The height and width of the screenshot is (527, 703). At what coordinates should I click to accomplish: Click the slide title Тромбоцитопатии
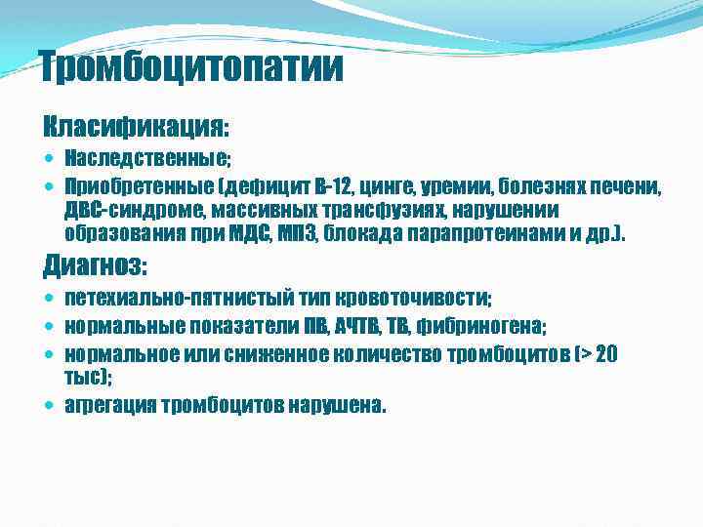click(x=192, y=67)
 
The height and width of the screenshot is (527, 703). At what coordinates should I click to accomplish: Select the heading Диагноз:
click(x=96, y=264)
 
